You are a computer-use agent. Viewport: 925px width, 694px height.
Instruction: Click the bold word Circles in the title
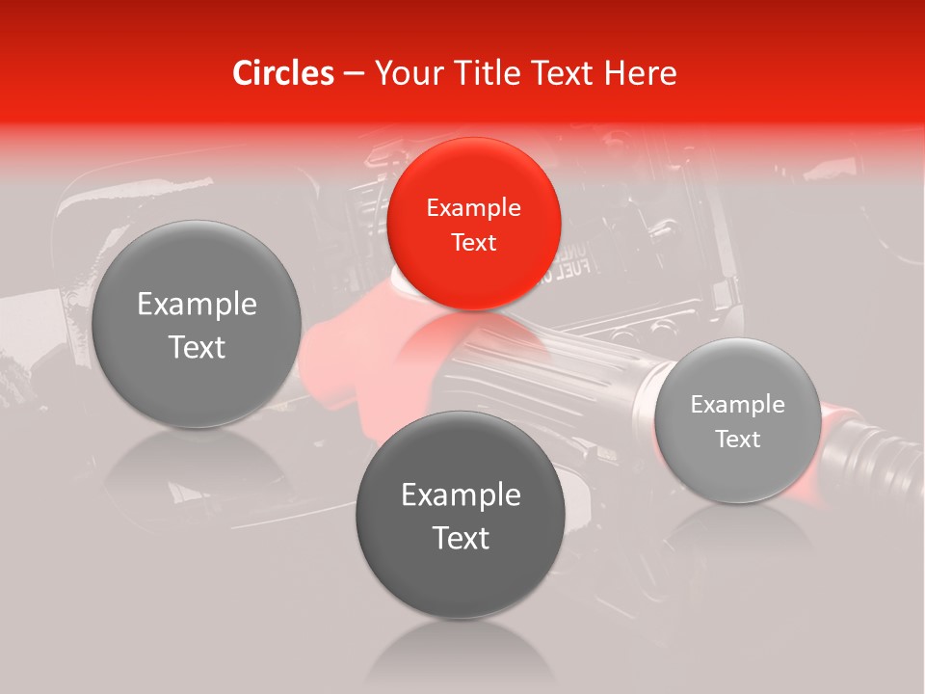click(283, 73)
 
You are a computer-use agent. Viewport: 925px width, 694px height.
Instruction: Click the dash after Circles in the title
click(354, 74)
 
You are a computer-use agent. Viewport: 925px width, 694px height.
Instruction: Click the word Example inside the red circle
click(473, 207)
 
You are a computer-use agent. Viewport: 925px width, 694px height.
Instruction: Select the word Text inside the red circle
click(473, 242)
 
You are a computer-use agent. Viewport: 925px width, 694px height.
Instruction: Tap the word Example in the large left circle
click(197, 305)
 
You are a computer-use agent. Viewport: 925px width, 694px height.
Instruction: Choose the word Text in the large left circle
click(197, 347)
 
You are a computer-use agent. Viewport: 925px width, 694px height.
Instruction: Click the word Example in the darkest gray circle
click(461, 494)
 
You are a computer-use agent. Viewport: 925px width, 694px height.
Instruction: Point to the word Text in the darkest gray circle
click(461, 538)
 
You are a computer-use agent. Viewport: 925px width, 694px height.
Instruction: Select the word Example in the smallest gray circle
click(737, 404)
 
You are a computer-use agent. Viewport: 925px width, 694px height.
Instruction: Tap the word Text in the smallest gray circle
click(737, 439)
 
